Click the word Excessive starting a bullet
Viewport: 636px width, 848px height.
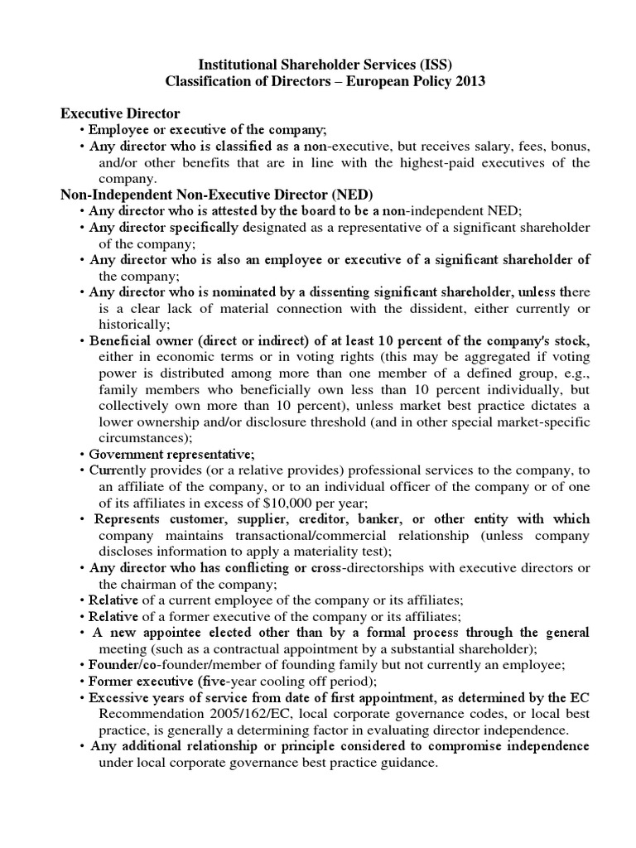tap(123, 698)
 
